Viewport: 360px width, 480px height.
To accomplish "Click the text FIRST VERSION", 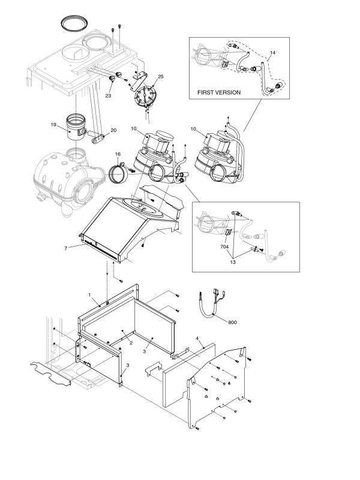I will coord(219,93).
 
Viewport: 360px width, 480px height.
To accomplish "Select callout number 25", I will coord(160,77).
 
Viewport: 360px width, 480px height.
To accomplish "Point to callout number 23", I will coord(108,95).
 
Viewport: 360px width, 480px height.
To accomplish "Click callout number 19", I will coord(53,125).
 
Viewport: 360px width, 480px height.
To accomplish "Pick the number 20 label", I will coord(114,130).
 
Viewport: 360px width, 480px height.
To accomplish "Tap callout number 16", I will coord(118,154).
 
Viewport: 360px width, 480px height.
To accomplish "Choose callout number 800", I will coord(232,322).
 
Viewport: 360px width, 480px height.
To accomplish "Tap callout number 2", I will coord(130,343).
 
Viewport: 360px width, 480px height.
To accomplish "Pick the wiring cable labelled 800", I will coord(207,306).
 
